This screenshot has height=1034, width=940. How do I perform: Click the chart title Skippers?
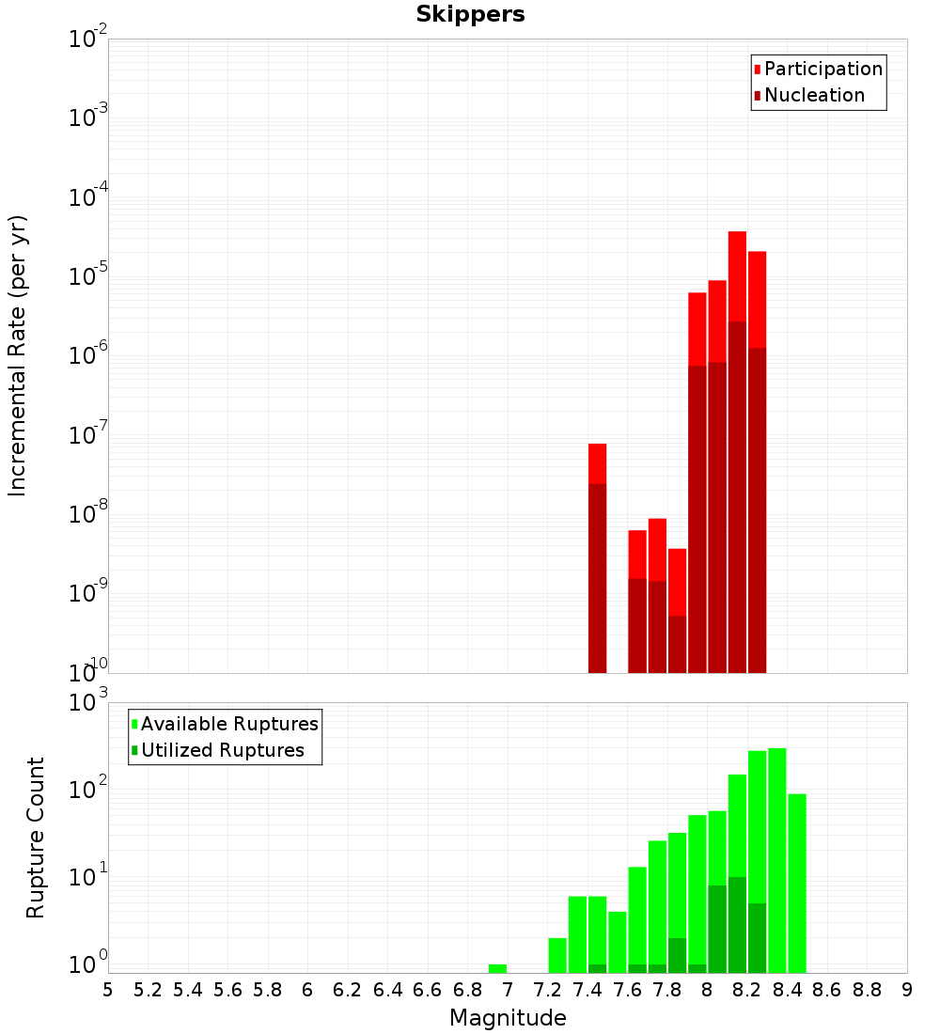tap(470, 14)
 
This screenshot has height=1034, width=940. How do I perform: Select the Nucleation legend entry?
tap(813, 96)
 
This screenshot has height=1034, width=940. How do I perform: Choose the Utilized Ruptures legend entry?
tap(222, 751)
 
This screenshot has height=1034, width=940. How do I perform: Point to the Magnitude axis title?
tap(508, 1018)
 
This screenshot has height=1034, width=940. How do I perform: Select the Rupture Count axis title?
tap(36, 837)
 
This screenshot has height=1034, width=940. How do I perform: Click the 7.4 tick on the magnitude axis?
tap(587, 990)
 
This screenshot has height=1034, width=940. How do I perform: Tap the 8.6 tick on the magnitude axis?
tap(827, 990)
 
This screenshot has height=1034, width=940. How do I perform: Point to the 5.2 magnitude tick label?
tap(148, 990)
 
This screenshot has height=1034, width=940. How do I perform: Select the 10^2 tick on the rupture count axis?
tap(88, 790)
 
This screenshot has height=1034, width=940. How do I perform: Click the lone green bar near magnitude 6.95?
tap(498, 968)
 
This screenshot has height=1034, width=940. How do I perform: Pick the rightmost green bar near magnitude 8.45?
tap(797, 884)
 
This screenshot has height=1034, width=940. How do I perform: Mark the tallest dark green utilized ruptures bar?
tap(737, 925)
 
